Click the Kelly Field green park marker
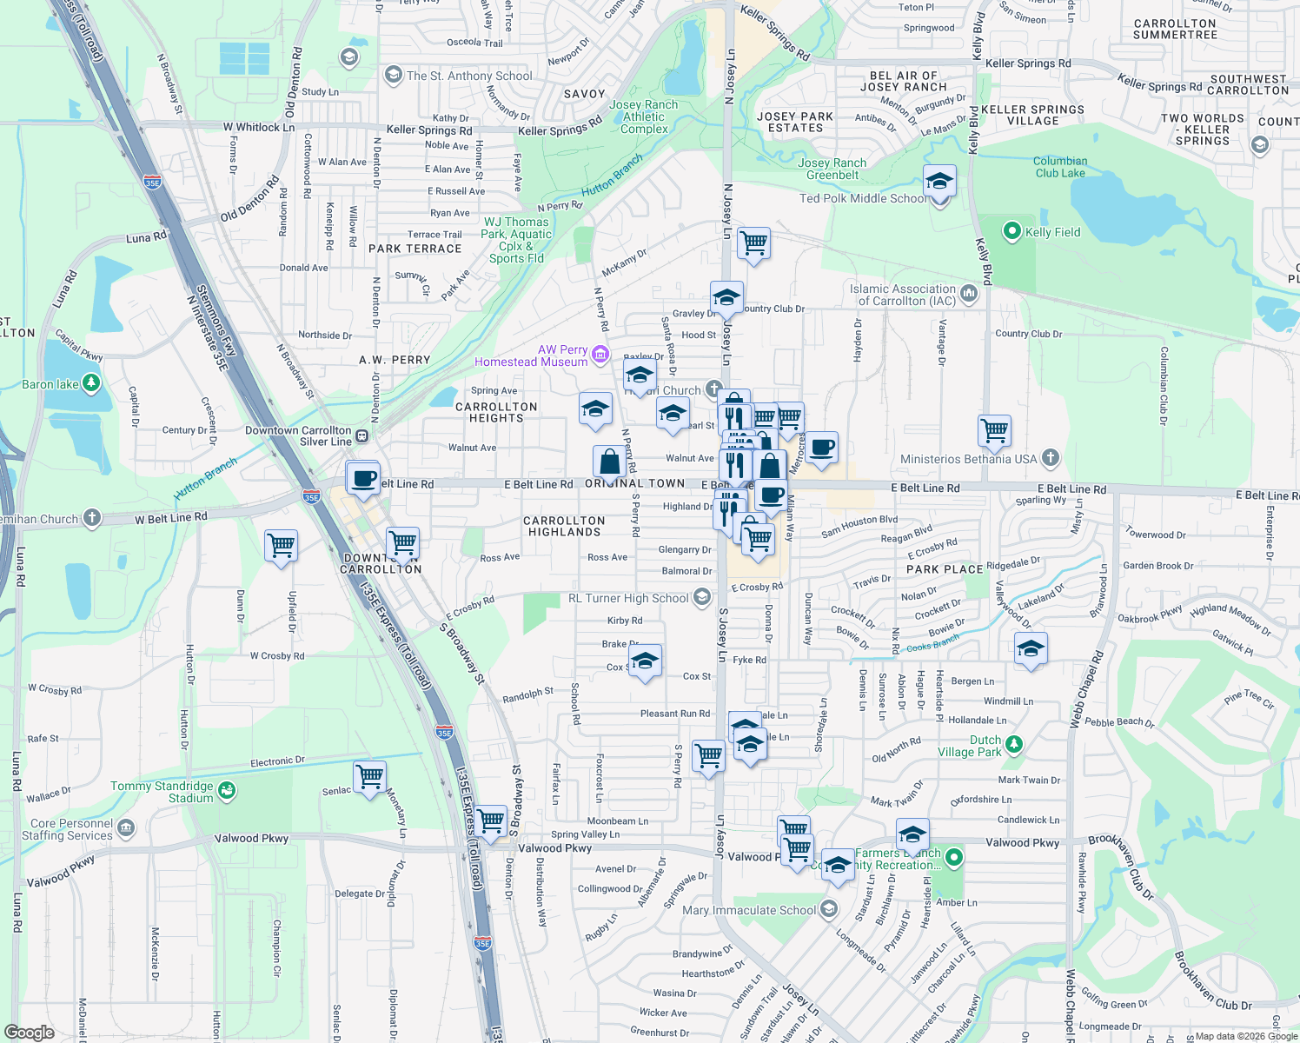click(1011, 232)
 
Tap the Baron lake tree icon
click(90, 383)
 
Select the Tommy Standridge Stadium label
click(162, 792)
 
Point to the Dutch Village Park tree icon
click(1013, 745)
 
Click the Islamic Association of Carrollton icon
click(969, 295)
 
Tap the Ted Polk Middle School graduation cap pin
click(939, 183)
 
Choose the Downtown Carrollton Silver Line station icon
click(362, 436)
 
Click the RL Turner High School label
click(628, 598)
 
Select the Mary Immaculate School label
click(749, 910)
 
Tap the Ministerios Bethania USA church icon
click(1051, 458)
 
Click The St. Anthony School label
click(469, 76)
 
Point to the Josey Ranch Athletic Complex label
click(644, 116)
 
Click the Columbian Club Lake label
click(1060, 167)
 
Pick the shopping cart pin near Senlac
click(370, 776)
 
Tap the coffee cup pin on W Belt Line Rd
click(364, 478)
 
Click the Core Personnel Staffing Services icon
click(126, 827)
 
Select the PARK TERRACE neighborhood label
click(415, 249)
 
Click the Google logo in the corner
click(29, 1032)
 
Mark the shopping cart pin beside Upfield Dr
click(282, 547)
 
